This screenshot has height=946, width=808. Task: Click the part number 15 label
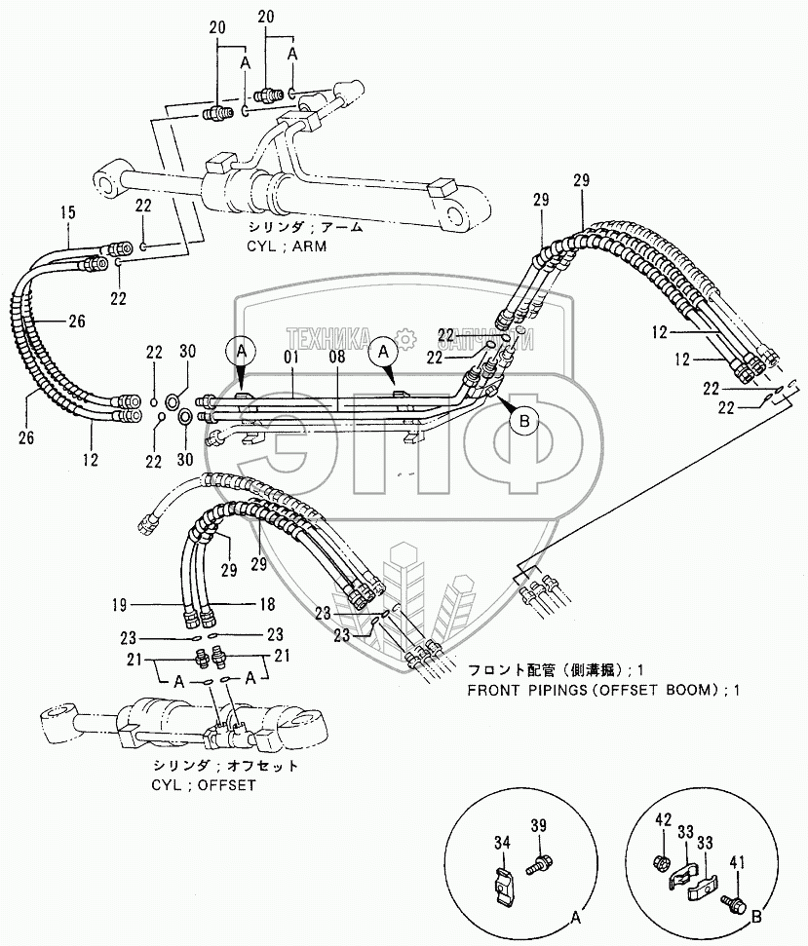pos(68,212)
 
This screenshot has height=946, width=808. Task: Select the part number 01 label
pos(291,357)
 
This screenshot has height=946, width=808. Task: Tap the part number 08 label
pos(337,357)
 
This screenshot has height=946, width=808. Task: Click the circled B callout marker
pos(523,421)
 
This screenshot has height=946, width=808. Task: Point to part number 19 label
pos(120,604)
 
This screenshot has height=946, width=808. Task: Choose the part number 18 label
pos(267,604)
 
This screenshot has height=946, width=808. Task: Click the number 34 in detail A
pos(502,842)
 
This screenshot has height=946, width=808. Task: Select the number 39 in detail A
pos(538,825)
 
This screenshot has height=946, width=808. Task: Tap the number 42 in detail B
pos(663,819)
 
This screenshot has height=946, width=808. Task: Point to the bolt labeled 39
pos(535,851)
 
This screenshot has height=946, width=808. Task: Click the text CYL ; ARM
pos(287,246)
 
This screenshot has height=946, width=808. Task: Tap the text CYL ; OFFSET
pos(204,785)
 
